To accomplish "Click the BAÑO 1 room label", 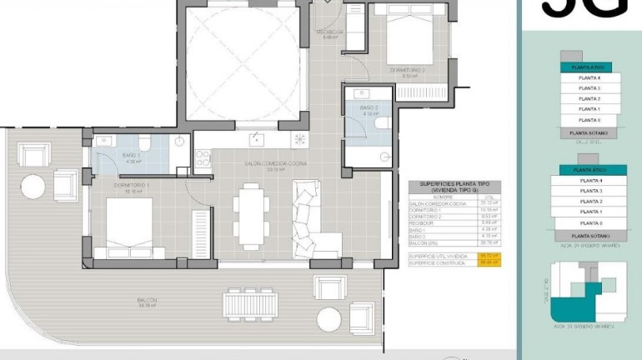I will point(132,158).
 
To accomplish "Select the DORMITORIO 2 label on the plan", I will point(408,72).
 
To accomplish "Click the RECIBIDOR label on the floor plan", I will point(329,34).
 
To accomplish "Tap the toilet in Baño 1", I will point(143,142).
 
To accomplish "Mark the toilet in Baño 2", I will point(381,122).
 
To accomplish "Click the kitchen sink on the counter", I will point(258,139).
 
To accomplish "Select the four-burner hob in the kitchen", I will point(298,139).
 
